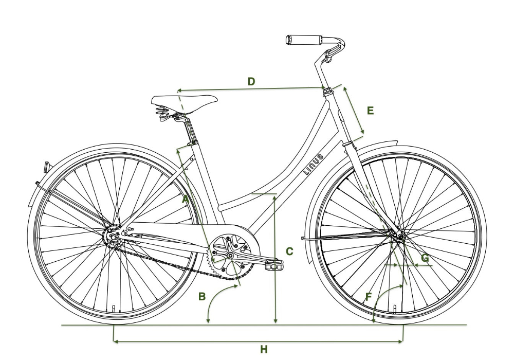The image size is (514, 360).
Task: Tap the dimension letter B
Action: pyautogui.click(x=202, y=296)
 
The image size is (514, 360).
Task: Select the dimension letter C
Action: pyautogui.click(x=289, y=251)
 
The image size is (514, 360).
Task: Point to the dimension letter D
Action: pyautogui.click(x=251, y=81)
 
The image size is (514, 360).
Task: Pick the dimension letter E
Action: pyautogui.click(x=370, y=110)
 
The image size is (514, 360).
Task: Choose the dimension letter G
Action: pyautogui.click(x=425, y=257)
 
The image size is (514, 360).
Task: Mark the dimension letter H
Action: pyautogui.click(x=264, y=350)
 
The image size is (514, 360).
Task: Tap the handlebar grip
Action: pyautogui.click(x=304, y=40)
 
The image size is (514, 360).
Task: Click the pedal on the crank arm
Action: pyautogui.click(x=274, y=265)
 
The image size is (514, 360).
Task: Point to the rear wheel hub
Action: pyautogui.click(x=113, y=237)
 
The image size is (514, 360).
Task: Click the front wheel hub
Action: pyautogui.click(x=398, y=236)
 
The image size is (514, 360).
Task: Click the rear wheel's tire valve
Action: pyautogui.click(x=114, y=309)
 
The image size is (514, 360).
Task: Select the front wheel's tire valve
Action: pyautogui.click(x=395, y=308)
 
